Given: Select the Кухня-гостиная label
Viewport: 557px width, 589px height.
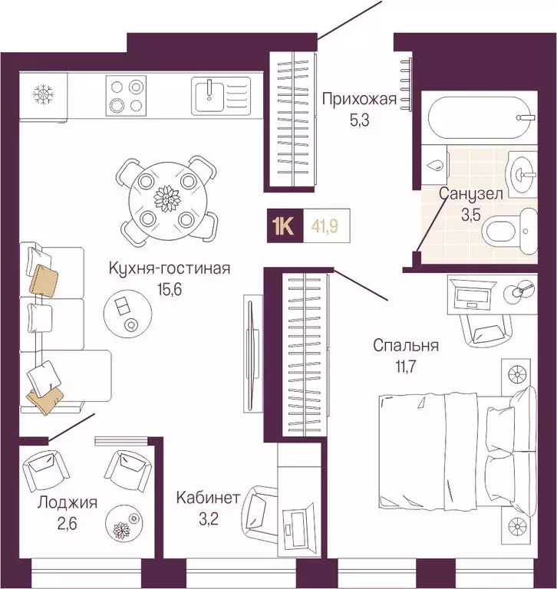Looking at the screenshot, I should pos(169,268).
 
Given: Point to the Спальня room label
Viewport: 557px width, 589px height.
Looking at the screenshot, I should pos(406,346).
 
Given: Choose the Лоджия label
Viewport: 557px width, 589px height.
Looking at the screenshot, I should pos(68,503).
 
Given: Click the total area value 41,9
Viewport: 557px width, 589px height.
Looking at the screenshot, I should pos(328,226).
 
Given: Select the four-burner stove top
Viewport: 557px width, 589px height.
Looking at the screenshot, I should pos(126,97).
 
